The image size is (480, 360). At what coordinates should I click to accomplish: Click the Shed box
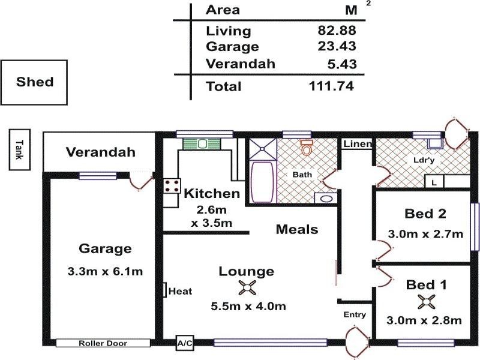click(x=34, y=82)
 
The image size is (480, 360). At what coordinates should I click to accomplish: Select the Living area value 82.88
click(x=337, y=31)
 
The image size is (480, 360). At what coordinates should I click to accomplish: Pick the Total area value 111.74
click(x=331, y=86)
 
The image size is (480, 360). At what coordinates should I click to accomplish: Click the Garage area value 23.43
click(x=337, y=47)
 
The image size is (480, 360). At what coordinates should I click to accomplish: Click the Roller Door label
click(x=103, y=343)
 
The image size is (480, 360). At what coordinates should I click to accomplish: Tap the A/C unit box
click(x=184, y=343)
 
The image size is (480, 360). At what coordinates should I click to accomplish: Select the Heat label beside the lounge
click(x=179, y=291)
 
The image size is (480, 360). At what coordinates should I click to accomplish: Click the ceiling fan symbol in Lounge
click(x=247, y=288)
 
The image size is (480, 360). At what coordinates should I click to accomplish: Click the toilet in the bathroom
click(x=308, y=147)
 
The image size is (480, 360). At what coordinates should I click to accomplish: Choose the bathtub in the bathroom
click(x=262, y=181)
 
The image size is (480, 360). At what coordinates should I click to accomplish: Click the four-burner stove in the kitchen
click(x=171, y=185)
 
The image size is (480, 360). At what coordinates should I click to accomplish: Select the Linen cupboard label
click(x=358, y=145)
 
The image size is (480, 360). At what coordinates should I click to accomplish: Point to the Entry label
click(x=355, y=314)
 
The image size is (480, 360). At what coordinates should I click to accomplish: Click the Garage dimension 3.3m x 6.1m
click(x=105, y=272)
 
